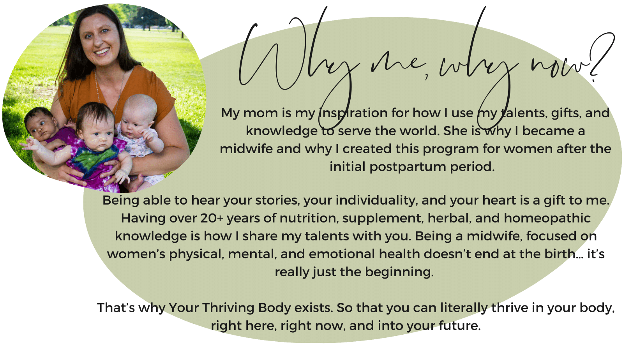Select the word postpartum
pos(408,167)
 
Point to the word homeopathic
pos(547,218)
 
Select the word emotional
pos(342,254)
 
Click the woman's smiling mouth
pos(102,52)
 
